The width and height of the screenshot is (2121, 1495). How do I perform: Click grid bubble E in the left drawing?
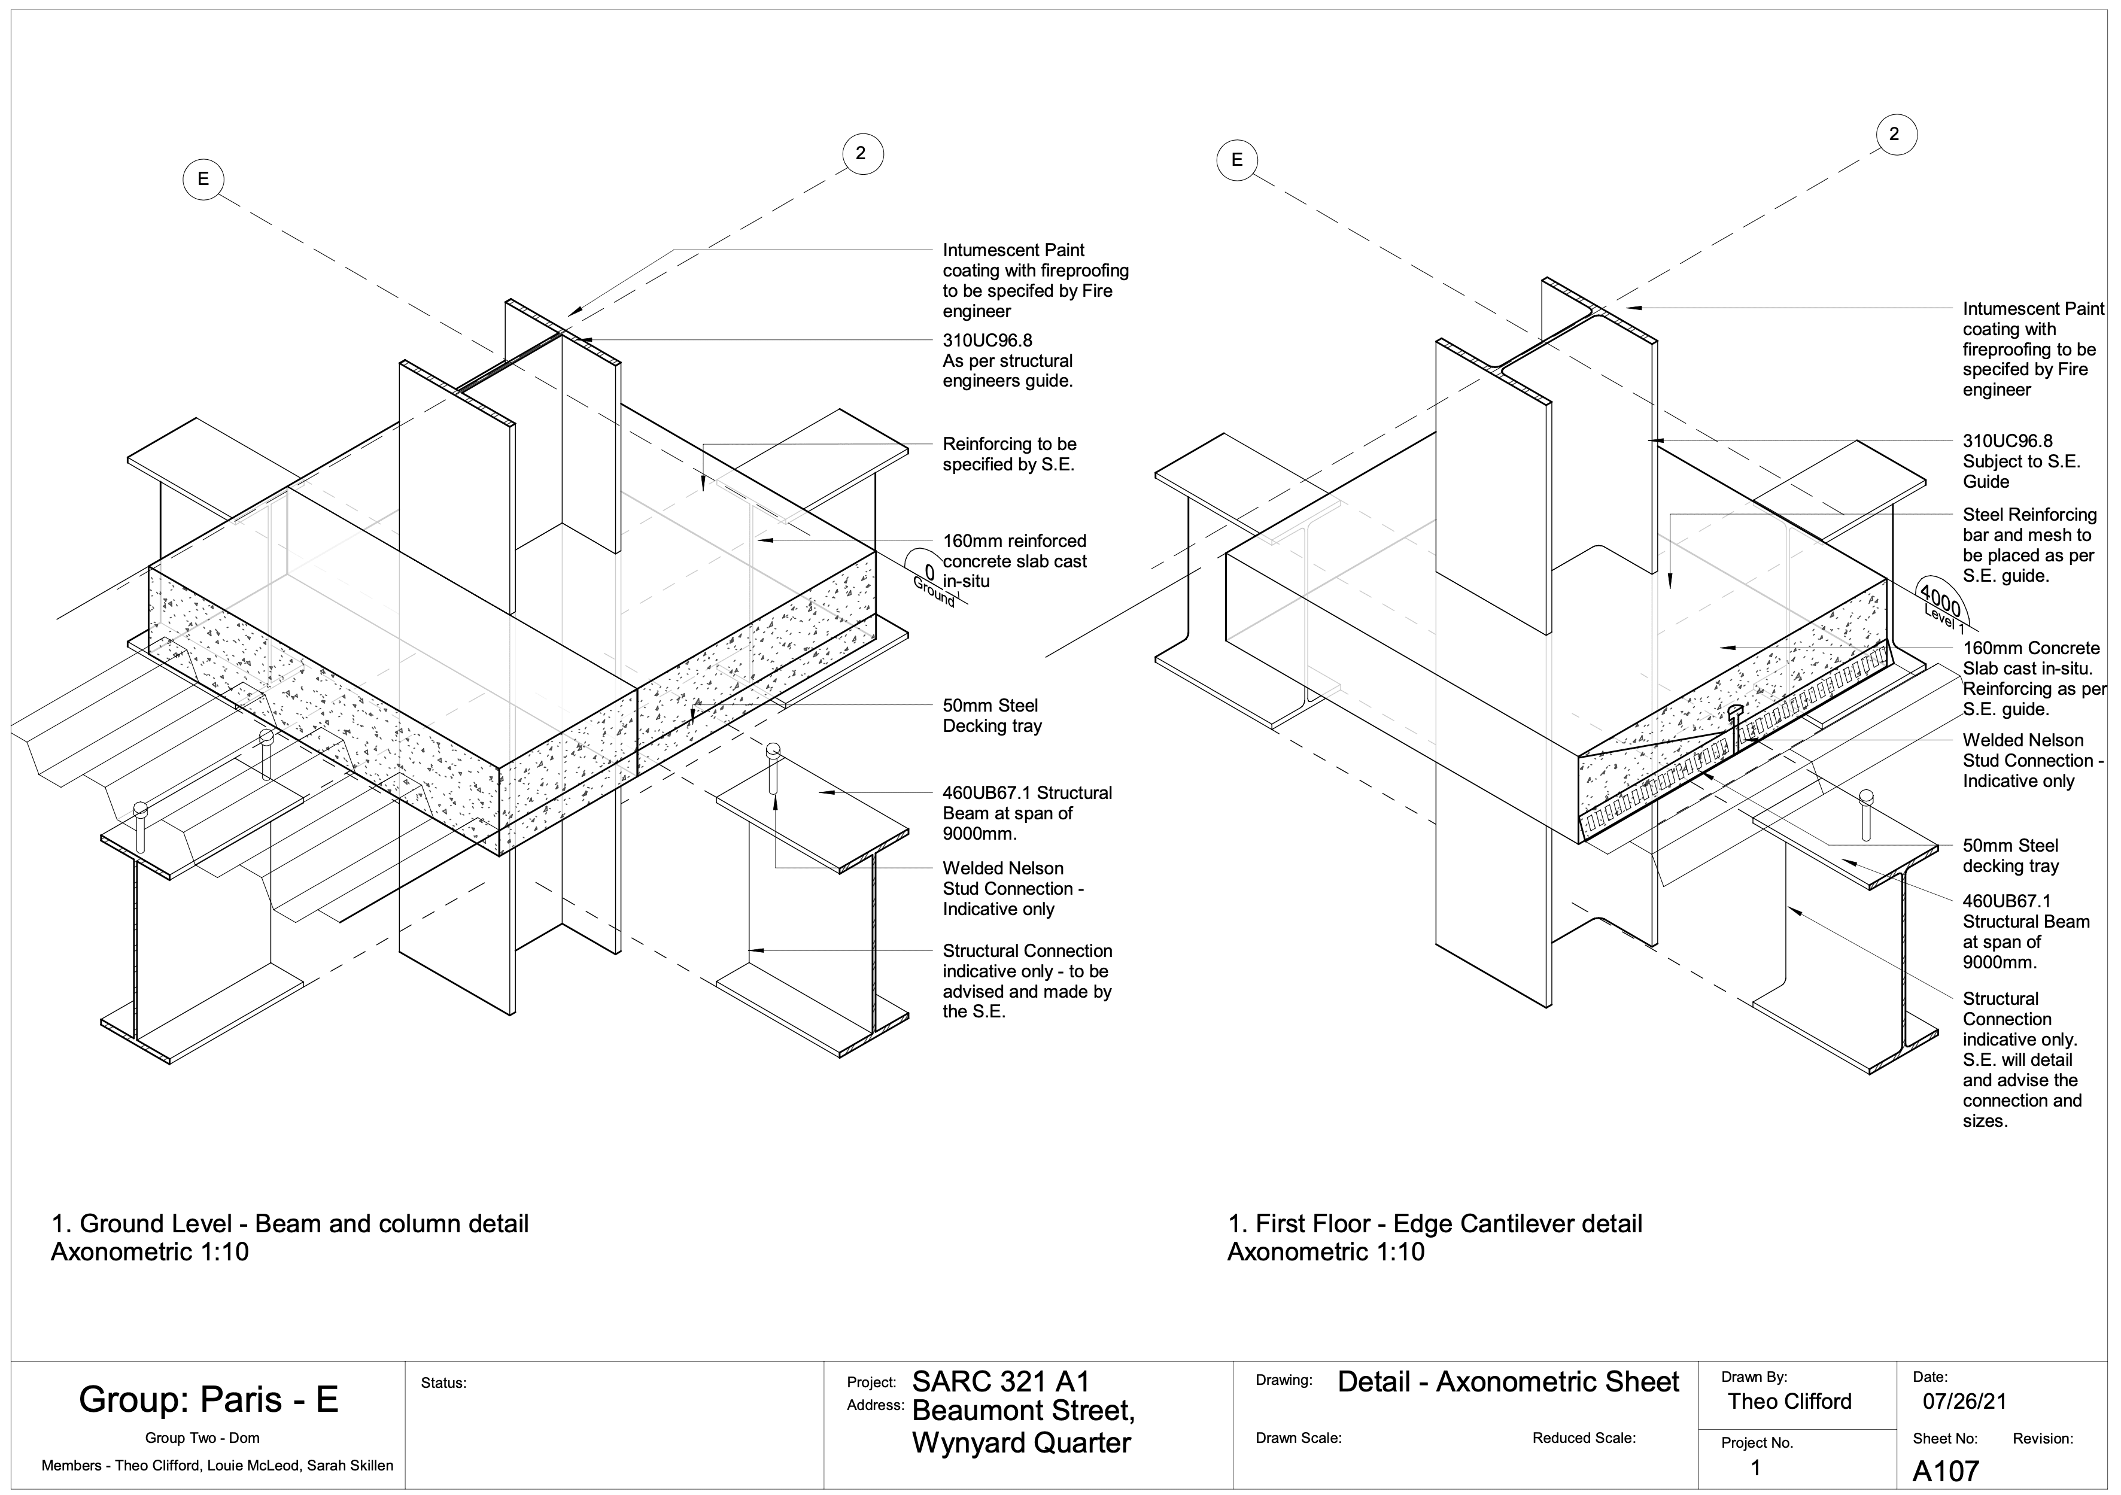pyautogui.click(x=203, y=180)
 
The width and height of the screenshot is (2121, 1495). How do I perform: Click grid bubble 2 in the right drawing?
pyautogui.click(x=1894, y=135)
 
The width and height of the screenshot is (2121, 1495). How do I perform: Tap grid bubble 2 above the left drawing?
pyautogui.click(x=861, y=153)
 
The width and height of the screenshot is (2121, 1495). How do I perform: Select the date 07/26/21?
pyautogui.click(x=1965, y=1402)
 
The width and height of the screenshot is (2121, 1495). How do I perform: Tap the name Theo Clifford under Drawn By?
pyautogui.click(x=1789, y=1402)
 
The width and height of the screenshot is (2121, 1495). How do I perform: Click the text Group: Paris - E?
pyautogui.click(x=209, y=1400)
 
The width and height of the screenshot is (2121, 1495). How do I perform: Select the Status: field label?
pyautogui.click(x=443, y=1383)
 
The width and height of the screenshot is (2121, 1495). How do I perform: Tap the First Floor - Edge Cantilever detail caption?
pyautogui.click(x=1434, y=1224)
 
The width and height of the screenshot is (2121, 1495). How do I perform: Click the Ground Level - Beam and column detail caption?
pyautogui.click(x=290, y=1224)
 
